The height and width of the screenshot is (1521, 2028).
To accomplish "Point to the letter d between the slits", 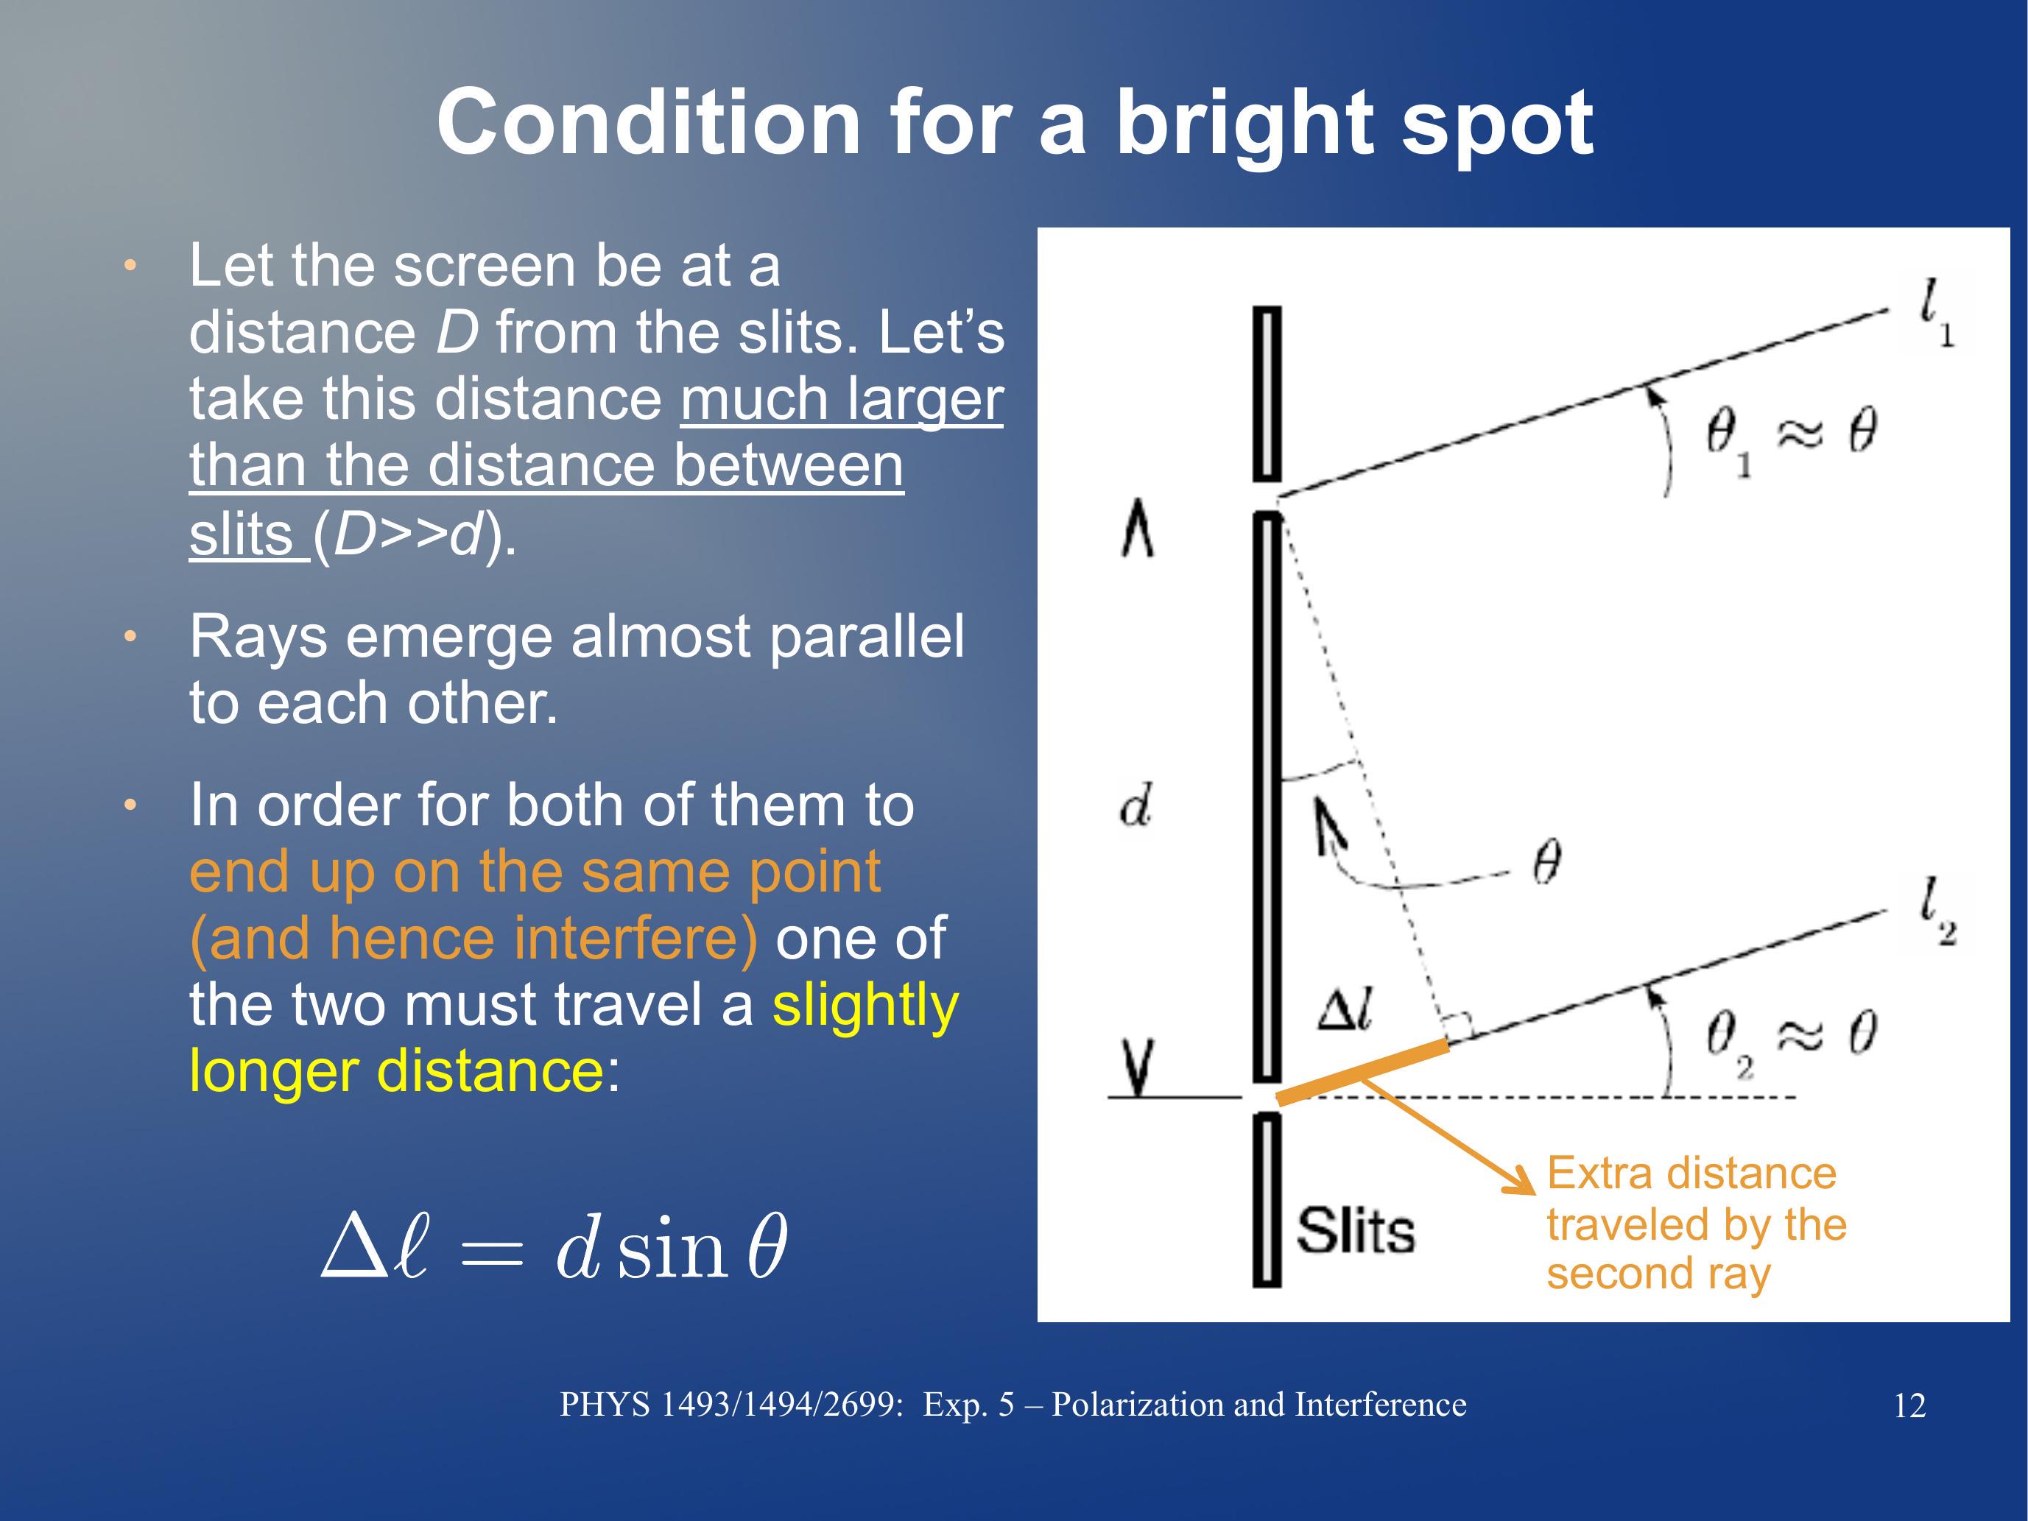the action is pos(1135,806).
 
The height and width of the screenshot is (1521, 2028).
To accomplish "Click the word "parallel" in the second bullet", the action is pos(867,638).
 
